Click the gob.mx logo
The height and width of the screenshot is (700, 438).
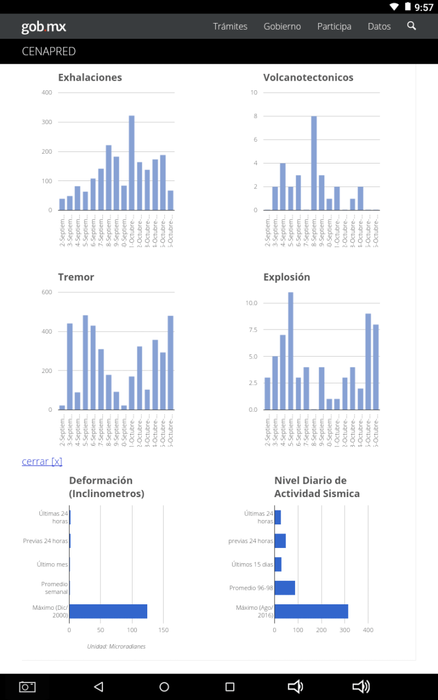44,27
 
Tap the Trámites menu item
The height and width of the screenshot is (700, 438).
230,27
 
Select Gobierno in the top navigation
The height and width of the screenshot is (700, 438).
282,27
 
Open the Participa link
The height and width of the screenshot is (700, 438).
334,27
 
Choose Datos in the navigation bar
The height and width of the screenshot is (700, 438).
379,27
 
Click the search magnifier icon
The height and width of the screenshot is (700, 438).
412,26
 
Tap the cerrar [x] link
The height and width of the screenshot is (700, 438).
42,461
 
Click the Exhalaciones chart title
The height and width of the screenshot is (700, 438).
90,78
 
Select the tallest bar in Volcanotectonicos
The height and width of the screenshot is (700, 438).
314,163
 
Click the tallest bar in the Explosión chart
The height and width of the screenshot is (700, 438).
291,351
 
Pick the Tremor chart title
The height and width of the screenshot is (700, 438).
76,277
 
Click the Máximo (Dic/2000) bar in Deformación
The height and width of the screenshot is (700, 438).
108,611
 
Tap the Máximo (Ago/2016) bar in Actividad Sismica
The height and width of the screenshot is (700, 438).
311,611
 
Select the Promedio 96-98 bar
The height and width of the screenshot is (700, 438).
285,588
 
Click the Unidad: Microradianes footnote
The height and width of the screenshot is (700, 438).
116,647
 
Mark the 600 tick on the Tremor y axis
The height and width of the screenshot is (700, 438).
47,292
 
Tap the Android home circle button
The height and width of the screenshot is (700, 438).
164,687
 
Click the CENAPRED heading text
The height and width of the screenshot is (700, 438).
48,51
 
